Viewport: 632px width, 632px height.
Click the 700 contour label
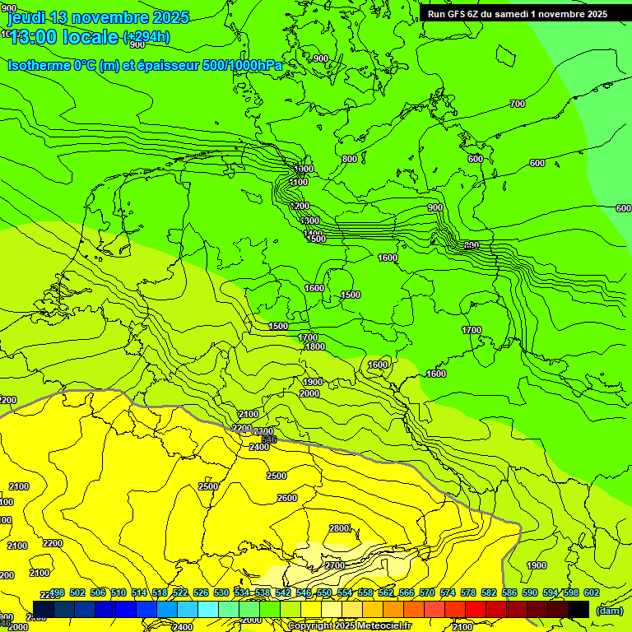517,104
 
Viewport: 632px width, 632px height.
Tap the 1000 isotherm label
303,169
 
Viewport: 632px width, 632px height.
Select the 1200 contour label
300,206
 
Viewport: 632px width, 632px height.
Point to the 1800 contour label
314,347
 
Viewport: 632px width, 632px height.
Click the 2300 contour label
263,432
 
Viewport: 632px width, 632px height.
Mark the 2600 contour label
286,498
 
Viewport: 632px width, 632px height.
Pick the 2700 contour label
334,566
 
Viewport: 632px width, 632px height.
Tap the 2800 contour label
339,528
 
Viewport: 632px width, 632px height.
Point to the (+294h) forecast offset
146,36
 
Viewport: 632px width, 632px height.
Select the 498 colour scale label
57,592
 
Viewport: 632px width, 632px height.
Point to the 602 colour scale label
592,592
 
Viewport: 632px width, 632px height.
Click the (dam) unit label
609,610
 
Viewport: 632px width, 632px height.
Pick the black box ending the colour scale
579,609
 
